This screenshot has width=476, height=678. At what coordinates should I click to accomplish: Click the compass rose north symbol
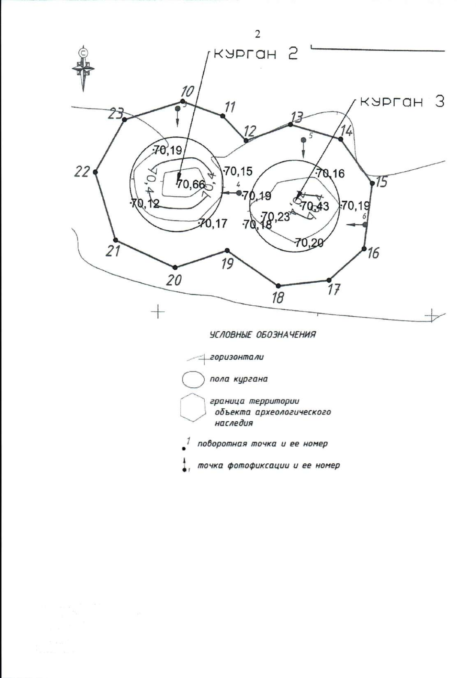click(83, 68)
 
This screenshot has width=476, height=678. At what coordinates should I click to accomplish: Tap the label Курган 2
click(255, 54)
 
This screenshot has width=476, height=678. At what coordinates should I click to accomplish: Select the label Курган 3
click(401, 102)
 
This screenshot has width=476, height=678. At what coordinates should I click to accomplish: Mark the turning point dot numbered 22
click(95, 172)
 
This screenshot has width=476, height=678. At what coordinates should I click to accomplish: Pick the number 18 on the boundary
click(278, 297)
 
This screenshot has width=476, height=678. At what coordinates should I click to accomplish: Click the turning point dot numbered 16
click(364, 249)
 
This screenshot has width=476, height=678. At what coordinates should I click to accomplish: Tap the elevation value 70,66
click(191, 184)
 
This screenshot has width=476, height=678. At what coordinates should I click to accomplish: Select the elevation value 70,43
click(315, 206)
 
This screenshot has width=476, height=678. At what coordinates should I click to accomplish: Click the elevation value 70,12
click(145, 204)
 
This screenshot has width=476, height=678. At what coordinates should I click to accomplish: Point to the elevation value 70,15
click(238, 171)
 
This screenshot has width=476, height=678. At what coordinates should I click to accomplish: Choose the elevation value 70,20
click(309, 242)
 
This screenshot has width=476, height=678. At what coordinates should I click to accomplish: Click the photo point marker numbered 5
click(303, 140)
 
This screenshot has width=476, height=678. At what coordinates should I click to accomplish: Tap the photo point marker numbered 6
click(365, 225)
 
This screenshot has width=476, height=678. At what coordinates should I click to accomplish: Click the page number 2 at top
click(257, 34)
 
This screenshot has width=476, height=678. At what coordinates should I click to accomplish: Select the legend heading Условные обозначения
click(263, 334)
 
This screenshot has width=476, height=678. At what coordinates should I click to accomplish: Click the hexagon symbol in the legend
click(193, 407)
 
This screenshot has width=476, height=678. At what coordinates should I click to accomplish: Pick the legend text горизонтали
click(237, 357)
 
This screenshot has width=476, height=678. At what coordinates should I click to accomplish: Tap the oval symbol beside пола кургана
click(193, 379)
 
